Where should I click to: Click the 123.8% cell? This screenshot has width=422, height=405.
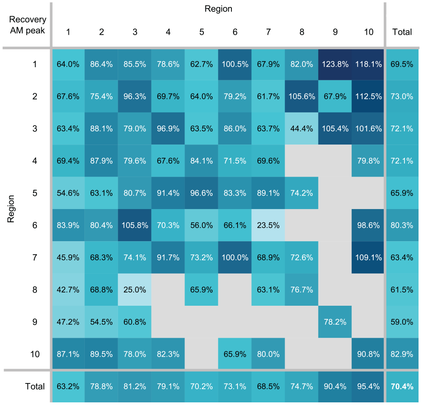tap(335, 65)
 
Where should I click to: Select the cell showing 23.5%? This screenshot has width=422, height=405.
tap(268, 225)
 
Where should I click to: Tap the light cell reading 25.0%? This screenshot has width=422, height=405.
tap(134, 290)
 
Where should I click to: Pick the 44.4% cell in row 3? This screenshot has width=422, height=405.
tap(301, 129)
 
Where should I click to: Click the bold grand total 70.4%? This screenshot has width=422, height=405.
tap(402, 387)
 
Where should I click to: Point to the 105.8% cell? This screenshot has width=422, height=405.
tap(134, 225)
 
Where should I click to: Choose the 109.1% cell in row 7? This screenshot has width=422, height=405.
tap(368, 257)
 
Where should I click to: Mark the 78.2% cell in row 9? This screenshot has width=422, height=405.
tap(335, 322)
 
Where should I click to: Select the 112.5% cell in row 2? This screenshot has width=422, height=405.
tap(368, 96)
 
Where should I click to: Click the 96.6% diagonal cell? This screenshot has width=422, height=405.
tap(201, 193)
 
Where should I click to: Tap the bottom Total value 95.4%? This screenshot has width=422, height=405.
tap(368, 387)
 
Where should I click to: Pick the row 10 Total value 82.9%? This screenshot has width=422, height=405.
tap(402, 354)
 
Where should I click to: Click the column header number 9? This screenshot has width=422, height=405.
tap(335, 32)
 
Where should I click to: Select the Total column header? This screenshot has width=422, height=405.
tap(402, 32)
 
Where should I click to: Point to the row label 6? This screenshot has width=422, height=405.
tap(35, 225)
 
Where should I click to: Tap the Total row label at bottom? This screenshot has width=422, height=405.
tap(35, 387)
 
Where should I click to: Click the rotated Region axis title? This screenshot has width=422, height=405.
tap(11, 209)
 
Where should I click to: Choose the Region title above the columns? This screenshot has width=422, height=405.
tap(218, 9)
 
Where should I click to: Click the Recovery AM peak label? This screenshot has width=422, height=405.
tap(28, 25)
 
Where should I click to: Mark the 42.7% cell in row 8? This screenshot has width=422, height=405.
tap(68, 290)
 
